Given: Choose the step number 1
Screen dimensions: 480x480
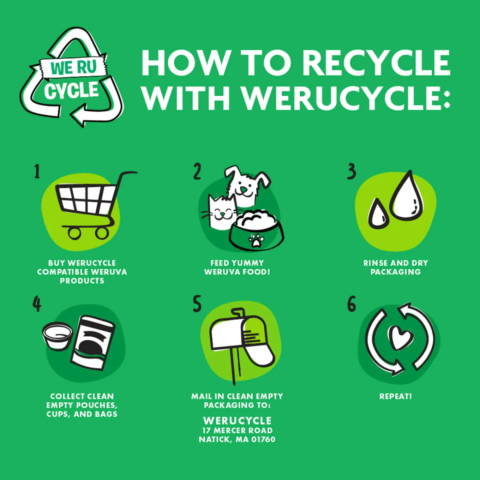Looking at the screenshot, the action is point(37,171).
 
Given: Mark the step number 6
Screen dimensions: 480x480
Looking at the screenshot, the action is point(352,304).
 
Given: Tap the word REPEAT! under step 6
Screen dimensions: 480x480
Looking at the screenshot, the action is point(396,396).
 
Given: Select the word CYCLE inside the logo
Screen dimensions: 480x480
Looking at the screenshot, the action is point(72,90).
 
